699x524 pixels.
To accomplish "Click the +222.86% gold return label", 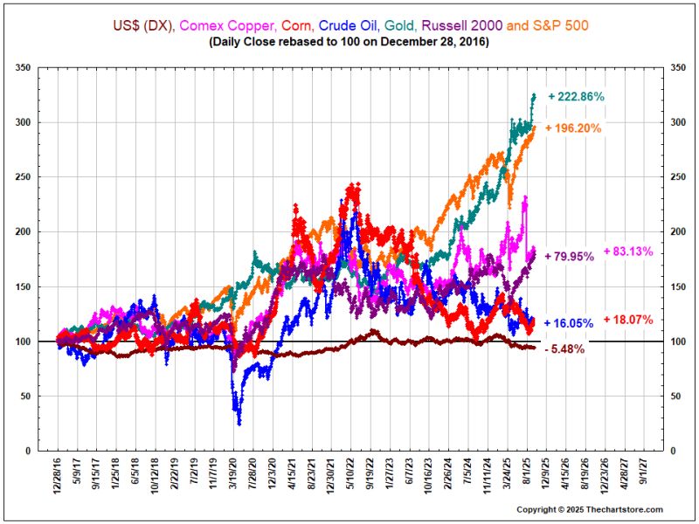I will (577, 96).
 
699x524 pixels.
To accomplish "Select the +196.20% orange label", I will (574, 128).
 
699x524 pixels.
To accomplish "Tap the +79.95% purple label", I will (570, 257).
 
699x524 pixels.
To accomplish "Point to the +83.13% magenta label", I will (627, 252).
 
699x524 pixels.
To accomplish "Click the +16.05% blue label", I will (569, 323).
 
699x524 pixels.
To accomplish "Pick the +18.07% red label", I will (627, 320).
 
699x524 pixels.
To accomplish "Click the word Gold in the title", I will (419, 25).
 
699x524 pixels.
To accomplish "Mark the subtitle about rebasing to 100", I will (349, 41).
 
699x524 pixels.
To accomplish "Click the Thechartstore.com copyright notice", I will (590, 509).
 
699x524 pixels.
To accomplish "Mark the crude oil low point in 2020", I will (239, 424).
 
